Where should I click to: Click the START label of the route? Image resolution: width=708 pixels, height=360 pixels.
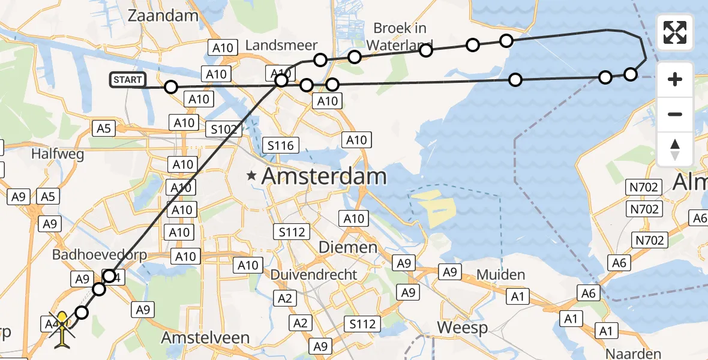tap(127, 80)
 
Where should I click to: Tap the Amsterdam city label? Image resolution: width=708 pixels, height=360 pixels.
tap(324, 176)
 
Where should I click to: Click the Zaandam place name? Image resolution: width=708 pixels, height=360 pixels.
tap(163, 16)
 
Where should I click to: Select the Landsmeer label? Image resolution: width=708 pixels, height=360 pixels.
tap(281, 45)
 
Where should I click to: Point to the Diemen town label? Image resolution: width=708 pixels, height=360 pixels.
tap(356, 247)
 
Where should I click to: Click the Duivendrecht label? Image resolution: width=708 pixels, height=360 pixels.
tap(322, 274)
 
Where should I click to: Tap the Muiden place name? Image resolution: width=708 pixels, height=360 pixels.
tap(501, 275)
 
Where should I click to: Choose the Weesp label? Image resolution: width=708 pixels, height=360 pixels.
tap(462, 328)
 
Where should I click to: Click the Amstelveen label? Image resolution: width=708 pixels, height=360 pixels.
tap(205, 338)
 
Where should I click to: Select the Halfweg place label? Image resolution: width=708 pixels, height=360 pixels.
tap(59, 154)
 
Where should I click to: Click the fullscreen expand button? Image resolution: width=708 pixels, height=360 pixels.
tap(675, 32)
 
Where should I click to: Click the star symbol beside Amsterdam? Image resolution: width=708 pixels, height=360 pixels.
tap(252, 176)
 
